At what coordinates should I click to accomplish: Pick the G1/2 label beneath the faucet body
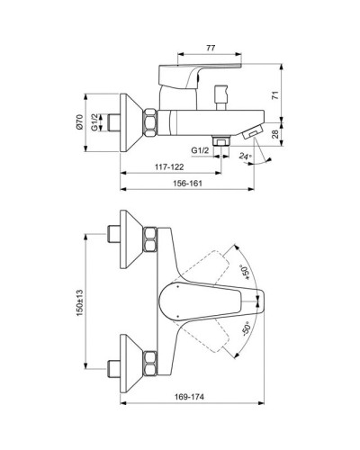[x=199, y=148]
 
